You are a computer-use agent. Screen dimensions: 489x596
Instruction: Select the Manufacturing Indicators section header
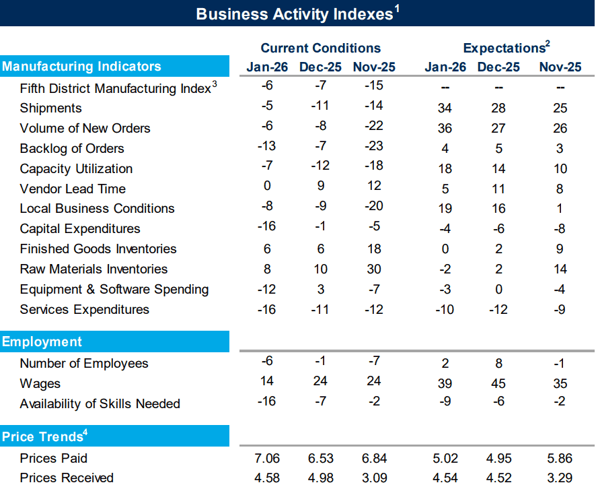(81, 66)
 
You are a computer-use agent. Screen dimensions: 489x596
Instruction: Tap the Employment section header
(42, 341)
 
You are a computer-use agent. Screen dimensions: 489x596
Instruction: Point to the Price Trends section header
(44, 436)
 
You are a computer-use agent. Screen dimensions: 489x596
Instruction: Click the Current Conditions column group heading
(320, 48)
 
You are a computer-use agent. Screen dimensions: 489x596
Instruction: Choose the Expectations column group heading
(506, 48)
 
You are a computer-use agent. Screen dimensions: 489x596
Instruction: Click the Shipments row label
(50, 108)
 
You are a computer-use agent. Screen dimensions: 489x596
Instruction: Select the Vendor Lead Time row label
(73, 189)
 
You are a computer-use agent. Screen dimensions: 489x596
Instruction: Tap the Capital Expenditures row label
(80, 228)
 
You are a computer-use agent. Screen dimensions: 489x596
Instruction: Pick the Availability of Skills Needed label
(100, 403)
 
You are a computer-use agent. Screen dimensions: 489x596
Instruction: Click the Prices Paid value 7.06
(266, 458)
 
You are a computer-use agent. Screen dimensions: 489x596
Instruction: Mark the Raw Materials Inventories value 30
(373, 269)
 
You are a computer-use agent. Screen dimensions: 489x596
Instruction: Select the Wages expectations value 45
(498, 384)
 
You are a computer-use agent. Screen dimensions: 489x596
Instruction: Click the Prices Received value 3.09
(373, 478)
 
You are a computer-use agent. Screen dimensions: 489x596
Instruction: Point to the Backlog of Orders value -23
(373, 148)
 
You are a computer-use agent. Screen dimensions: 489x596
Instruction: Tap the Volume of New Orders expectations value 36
(444, 129)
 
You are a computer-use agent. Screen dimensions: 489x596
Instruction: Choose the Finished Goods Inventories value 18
(373, 249)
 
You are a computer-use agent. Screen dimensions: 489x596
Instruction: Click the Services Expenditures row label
(84, 309)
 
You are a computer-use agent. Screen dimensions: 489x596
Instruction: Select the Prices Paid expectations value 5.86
(560, 458)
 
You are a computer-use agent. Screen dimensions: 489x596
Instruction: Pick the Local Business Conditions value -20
(373, 208)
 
